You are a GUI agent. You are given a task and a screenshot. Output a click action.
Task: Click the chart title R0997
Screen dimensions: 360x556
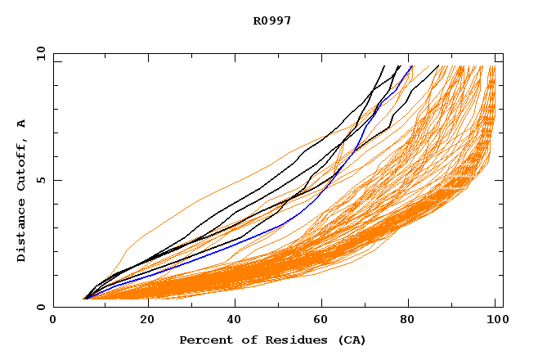point(271,20)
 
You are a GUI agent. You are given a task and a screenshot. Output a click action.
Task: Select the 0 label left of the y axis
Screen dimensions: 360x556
point(40,308)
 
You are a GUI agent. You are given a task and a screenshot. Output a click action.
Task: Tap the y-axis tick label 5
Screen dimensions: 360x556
point(40,180)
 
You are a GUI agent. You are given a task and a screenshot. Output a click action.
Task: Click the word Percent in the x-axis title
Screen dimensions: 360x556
point(203,340)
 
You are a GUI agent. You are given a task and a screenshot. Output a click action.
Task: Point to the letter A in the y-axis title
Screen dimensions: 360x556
point(21,124)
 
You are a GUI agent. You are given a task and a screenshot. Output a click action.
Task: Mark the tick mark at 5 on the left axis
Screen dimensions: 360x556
point(56,180)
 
